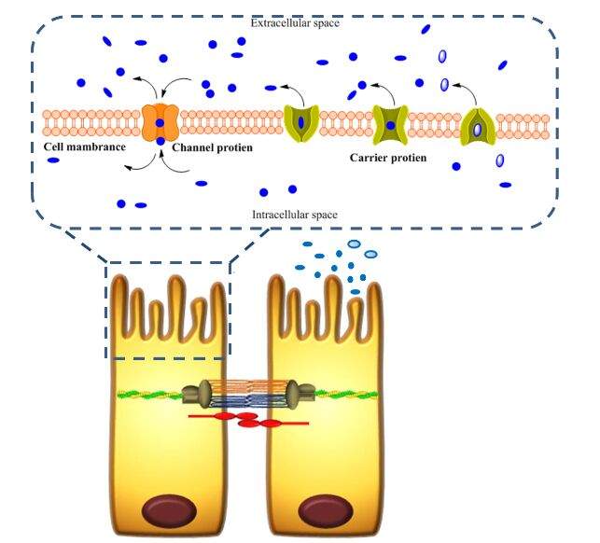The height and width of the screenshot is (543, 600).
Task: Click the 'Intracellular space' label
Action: (295, 215)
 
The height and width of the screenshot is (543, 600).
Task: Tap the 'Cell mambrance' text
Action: (85, 146)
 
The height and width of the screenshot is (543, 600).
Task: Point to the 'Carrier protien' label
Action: (387, 158)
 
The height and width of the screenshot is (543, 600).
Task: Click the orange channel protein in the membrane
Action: (160, 122)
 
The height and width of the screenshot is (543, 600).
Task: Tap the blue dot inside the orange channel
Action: (160, 123)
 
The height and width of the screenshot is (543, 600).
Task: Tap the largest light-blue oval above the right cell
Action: (355, 244)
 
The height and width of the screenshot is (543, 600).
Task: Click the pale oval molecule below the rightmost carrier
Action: (499, 160)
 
